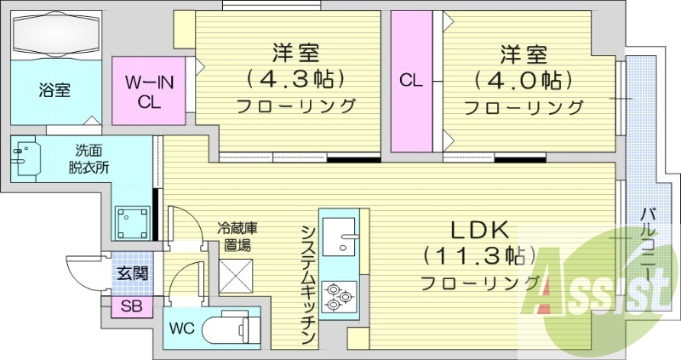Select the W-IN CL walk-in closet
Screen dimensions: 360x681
coord(150,91)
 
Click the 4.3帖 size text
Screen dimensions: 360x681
coord(295,79)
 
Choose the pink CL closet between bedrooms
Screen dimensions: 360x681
coord(411,82)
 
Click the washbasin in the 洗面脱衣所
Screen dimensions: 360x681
coord(26,158)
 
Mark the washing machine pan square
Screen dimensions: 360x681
coord(132,224)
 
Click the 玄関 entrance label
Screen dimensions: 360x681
coord(133,274)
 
